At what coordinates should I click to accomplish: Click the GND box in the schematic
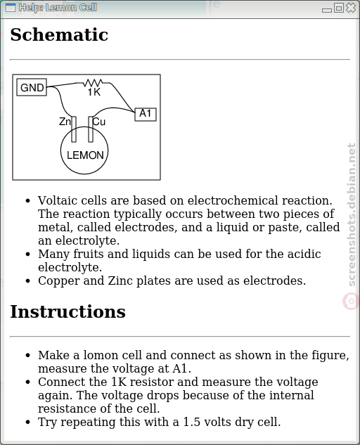point(32,87)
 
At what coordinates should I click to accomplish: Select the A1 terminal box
point(146,114)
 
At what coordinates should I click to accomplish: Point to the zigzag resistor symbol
point(93,83)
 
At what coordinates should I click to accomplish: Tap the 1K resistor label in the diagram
point(94,92)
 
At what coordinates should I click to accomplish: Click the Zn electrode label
point(65,122)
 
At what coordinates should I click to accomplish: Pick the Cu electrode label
point(99,122)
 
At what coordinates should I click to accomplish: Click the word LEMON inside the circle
point(85,155)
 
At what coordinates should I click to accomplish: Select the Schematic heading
point(59,34)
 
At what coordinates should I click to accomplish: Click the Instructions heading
point(68,311)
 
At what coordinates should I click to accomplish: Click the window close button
point(351,7)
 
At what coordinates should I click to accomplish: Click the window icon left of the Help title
point(11,7)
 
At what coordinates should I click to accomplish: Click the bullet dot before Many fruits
point(27,254)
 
